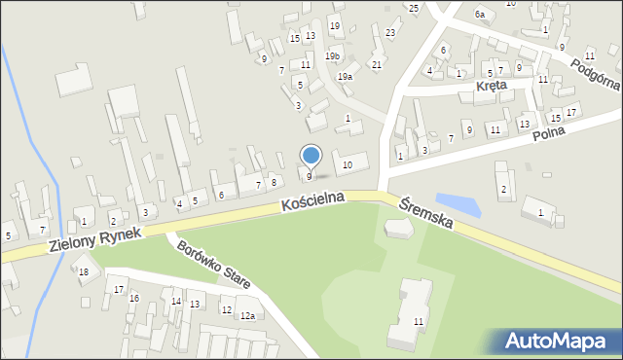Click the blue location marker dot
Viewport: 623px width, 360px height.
[x=311, y=155]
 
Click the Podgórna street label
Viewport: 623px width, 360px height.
[x=596, y=72]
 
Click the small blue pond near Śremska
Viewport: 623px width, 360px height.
[x=458, y=203]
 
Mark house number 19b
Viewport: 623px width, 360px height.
[x=333, y=56]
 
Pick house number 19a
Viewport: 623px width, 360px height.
[x=345, y=76]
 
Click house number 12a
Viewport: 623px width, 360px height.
[x=248, y=315]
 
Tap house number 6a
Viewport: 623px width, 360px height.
[x=480, y=15]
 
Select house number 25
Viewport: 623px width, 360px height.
[x=414, y=9]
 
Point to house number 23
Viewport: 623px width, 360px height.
[x=390, y=33]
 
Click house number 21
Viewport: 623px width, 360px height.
[x=377, y=65]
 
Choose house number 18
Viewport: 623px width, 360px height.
[x=84, y=271]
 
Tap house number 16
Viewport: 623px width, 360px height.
[x=134, y=298]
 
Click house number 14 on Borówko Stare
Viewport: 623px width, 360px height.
[x=176, y=302]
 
